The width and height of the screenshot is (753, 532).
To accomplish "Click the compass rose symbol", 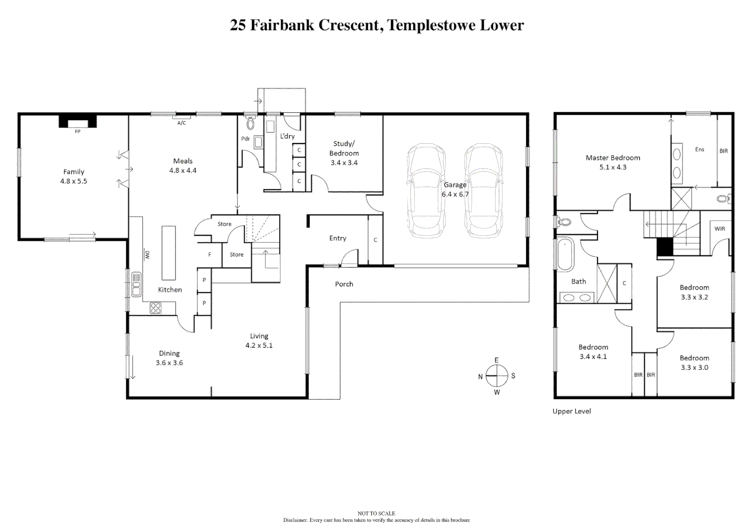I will click(497, 376).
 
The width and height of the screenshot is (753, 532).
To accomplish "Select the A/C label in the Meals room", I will click(181, 123).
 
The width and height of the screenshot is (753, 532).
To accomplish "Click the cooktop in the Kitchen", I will click(155, 308).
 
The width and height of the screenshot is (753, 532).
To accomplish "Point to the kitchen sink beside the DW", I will click(136, 284).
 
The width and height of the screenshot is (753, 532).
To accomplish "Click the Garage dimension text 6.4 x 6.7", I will click(455, 194).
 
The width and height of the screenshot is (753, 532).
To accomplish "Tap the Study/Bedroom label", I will click(344, 148).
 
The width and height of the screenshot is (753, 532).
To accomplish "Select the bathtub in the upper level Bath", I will click(565, 254).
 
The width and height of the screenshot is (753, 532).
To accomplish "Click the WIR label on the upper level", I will click(719, 229).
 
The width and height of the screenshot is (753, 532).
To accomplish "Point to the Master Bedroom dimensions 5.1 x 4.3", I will click(612, 167).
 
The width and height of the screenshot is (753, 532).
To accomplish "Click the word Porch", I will click(344, 284).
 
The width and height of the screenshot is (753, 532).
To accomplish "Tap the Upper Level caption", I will click(572, 411).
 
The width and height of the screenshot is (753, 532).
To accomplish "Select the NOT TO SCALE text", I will click(376, 513).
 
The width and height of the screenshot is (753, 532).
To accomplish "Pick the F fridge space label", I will click(210, 255).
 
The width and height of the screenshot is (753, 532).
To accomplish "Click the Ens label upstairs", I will click(699, 149).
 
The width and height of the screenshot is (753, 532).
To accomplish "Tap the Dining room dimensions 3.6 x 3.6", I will click(169, 363).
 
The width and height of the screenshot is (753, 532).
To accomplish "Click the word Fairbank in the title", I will click(282, 25).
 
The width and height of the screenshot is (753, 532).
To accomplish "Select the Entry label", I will click(338, 238).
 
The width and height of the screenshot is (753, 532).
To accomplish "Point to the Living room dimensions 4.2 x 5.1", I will click(259, 345).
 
